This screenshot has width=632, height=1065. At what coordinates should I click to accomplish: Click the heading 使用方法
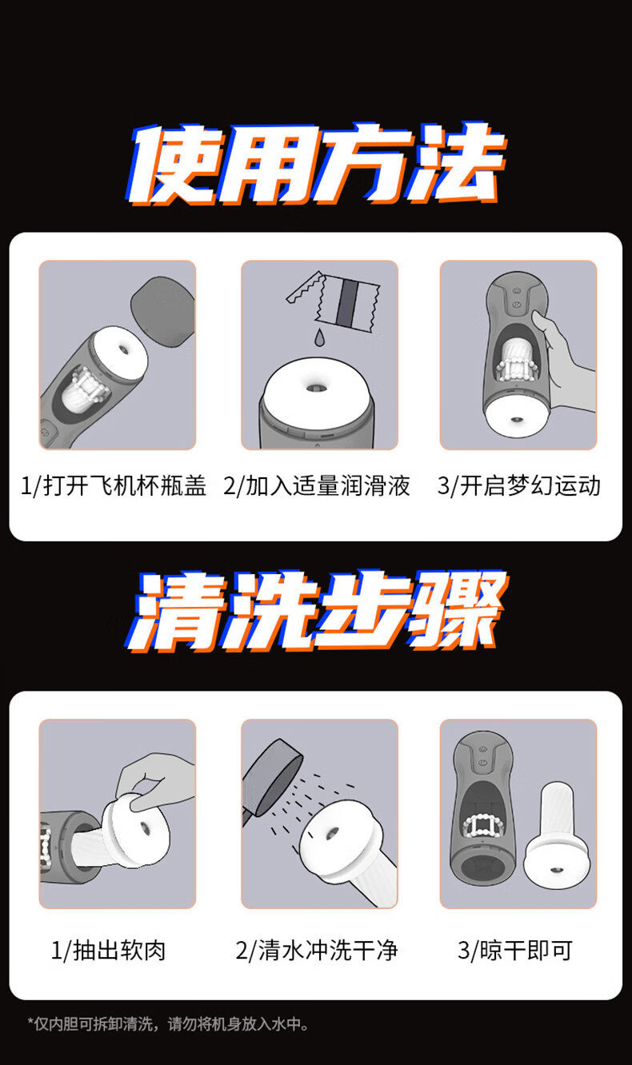point(317,164)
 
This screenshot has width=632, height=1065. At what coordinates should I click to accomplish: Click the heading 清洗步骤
point(317,612)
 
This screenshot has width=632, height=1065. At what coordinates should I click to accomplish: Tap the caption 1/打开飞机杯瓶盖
point(114,486)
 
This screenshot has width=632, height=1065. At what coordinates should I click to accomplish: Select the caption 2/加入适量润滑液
point(317,486)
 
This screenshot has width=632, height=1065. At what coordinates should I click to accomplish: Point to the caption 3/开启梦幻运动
point(519,486)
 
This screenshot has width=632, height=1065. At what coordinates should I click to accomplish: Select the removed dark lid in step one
point(163,311)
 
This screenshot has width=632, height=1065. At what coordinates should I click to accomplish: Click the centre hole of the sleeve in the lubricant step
point(314,389)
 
